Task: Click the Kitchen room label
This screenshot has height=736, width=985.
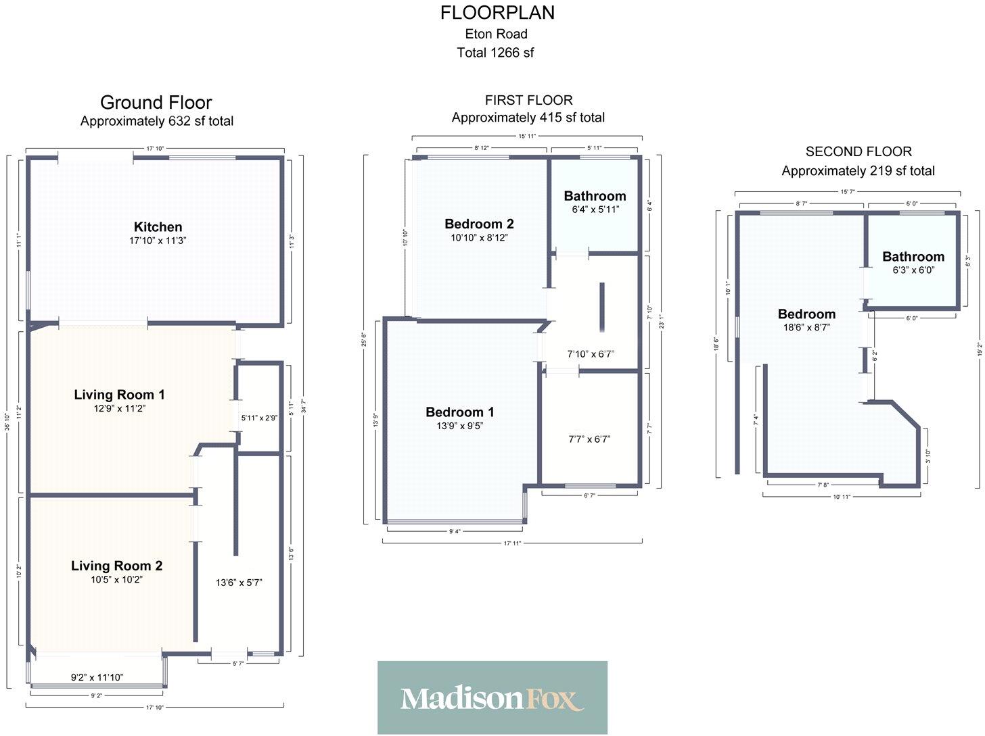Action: [158, 227]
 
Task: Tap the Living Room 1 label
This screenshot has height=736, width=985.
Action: [119, 395]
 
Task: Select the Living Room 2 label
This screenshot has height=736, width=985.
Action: [116, 566]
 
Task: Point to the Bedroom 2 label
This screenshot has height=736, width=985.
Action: [479, 224]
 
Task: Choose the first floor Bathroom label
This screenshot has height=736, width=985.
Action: [595, 196]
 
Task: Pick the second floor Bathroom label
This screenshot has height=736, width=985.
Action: [913, 257]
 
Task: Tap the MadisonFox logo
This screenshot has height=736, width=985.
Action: [492, 697]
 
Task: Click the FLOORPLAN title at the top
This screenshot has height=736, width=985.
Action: [497, 12]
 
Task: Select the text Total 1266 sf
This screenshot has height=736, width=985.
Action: [495, 52]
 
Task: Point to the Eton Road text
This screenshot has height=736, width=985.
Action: [496, 34]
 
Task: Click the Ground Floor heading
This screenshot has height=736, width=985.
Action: [156, 103]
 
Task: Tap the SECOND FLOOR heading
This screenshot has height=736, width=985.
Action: [858, 151]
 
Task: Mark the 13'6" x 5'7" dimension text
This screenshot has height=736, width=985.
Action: [239, 583]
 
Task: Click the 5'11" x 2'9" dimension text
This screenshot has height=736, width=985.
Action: [259, 418]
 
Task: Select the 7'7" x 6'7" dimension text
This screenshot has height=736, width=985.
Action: [589, 439]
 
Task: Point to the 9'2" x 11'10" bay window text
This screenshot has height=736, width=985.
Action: [97, 677]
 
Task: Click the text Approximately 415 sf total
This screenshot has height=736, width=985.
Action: [528, 118]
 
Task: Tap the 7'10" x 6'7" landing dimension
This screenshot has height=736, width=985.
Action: [590, 354]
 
